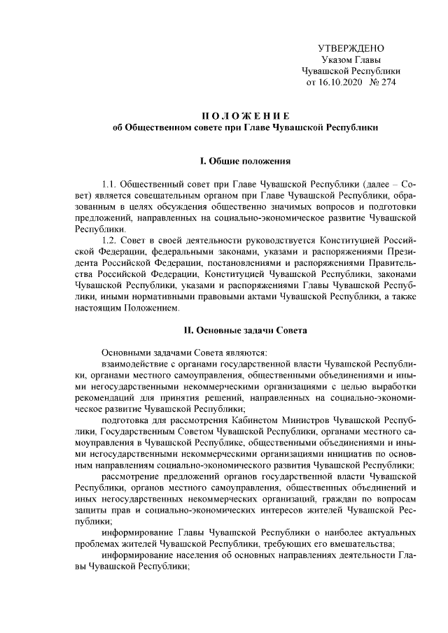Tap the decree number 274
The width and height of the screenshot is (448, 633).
tap(390, 83)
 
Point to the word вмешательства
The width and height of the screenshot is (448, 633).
tap(363, 546)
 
